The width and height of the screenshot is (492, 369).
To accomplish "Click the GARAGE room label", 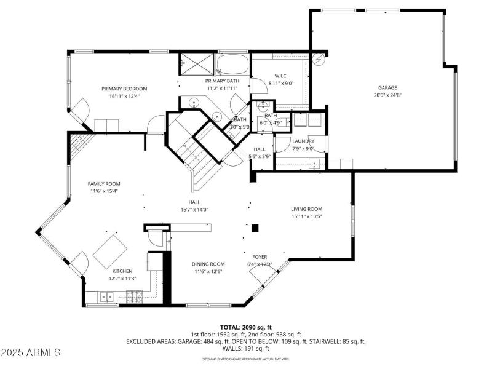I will [x=387, y=87].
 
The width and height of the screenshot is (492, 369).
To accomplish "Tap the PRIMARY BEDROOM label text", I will [x=124, y=89].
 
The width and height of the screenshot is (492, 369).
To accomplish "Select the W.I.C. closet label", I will [x=281, y=76].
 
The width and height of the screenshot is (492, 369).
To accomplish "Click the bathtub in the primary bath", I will [x=232, y=63].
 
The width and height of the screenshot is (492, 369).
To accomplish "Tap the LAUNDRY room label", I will [x=303, y=141].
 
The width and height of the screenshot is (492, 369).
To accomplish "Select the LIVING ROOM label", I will [x=306, y=209].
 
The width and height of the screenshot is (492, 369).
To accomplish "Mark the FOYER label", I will [x=260, y=256].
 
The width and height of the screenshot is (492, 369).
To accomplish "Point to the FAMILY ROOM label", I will [x=104, y=183].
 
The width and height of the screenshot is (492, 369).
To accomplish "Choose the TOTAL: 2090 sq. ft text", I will [x=245, y=327].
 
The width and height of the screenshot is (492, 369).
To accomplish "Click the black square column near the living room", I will [x=255, y=228].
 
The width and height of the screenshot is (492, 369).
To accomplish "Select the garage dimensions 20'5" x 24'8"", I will [x=387, y=95].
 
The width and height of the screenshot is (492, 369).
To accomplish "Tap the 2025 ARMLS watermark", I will [x=31, y=352].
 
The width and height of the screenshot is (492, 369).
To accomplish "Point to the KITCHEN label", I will [x=122, y=271].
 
